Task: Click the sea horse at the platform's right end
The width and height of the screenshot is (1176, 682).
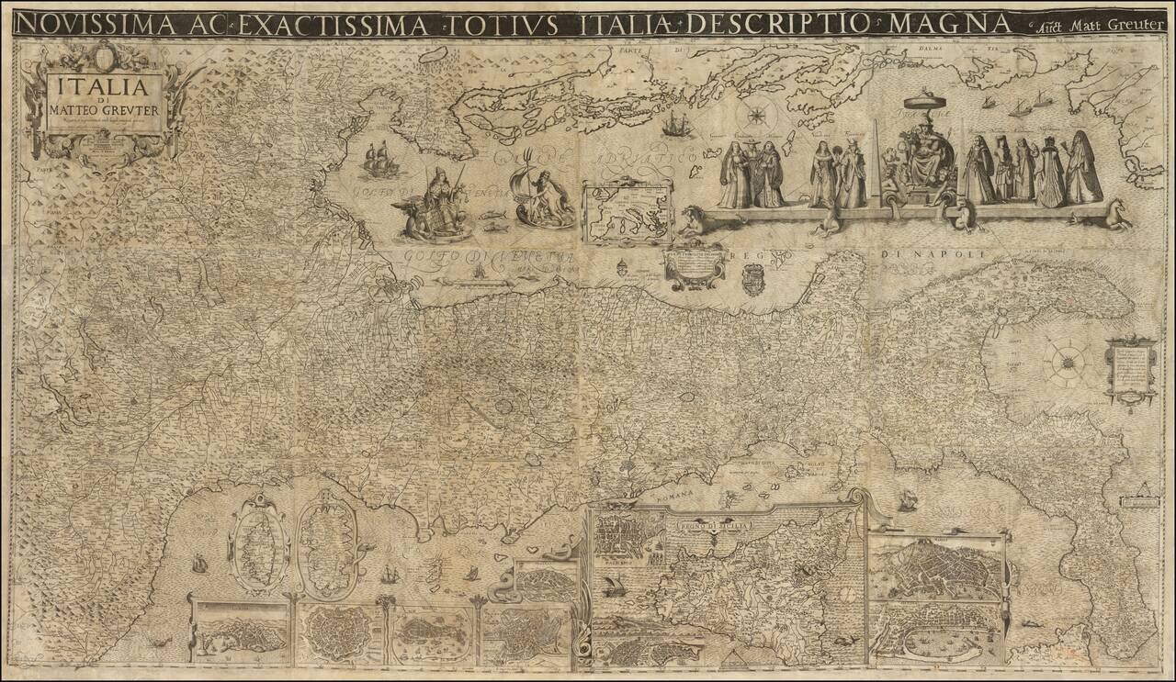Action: [1117, 217]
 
